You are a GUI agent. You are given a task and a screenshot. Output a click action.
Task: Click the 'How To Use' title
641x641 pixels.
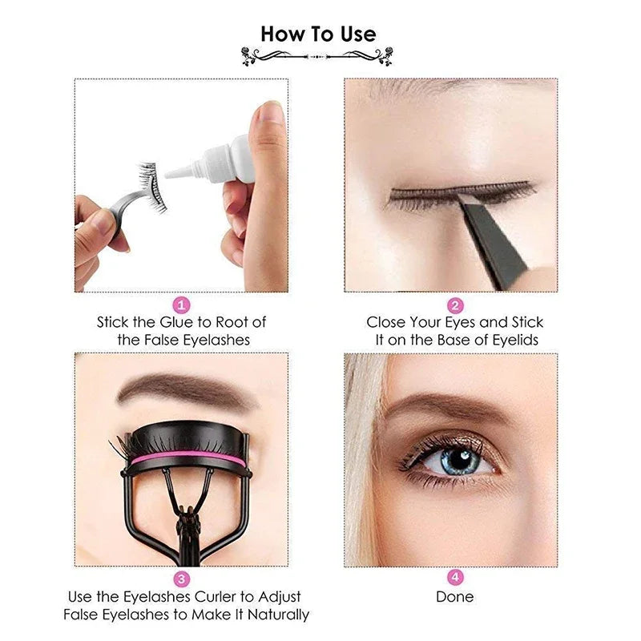point(318,34)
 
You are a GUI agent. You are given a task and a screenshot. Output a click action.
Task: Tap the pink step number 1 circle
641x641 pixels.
point(182,304)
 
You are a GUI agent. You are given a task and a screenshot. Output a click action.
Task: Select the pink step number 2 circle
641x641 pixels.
point(454,304)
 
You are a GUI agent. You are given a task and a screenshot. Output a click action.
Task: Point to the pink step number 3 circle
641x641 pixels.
point(182,579)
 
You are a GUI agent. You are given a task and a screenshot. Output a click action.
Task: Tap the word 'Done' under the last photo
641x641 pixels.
point(454,597)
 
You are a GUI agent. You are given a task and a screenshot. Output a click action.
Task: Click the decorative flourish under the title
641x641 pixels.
point(318,56)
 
